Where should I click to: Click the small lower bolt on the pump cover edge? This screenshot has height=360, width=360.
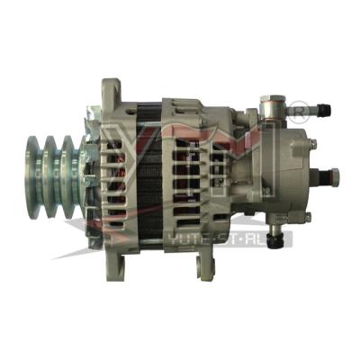coord(307,217)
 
